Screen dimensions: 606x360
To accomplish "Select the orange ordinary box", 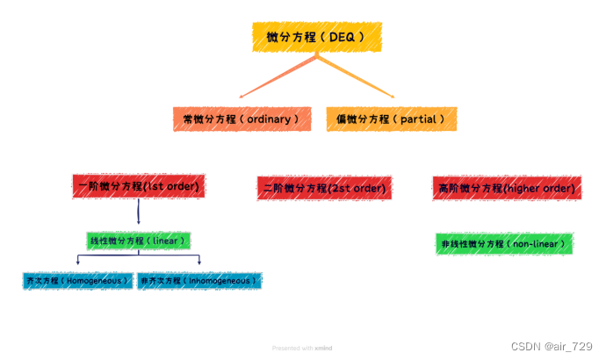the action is coord(242,118).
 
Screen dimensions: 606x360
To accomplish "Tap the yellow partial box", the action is coord(391,118).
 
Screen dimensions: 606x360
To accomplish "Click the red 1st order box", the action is coord(139,186).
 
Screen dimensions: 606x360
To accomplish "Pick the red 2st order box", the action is coord(323,188).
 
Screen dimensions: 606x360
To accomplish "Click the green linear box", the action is coord(139,240).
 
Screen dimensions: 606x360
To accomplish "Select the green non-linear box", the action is coord(504,244).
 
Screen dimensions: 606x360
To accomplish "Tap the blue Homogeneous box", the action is coord(77,281).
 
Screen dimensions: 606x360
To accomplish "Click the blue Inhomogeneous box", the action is coord(199,281).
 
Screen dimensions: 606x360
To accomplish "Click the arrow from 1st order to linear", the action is coord(139,212).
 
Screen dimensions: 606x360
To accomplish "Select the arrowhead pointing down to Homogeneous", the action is coord(78,263).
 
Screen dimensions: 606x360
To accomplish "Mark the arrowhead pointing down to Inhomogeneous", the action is coord(199,263).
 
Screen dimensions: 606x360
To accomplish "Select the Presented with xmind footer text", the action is coord(302,348).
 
